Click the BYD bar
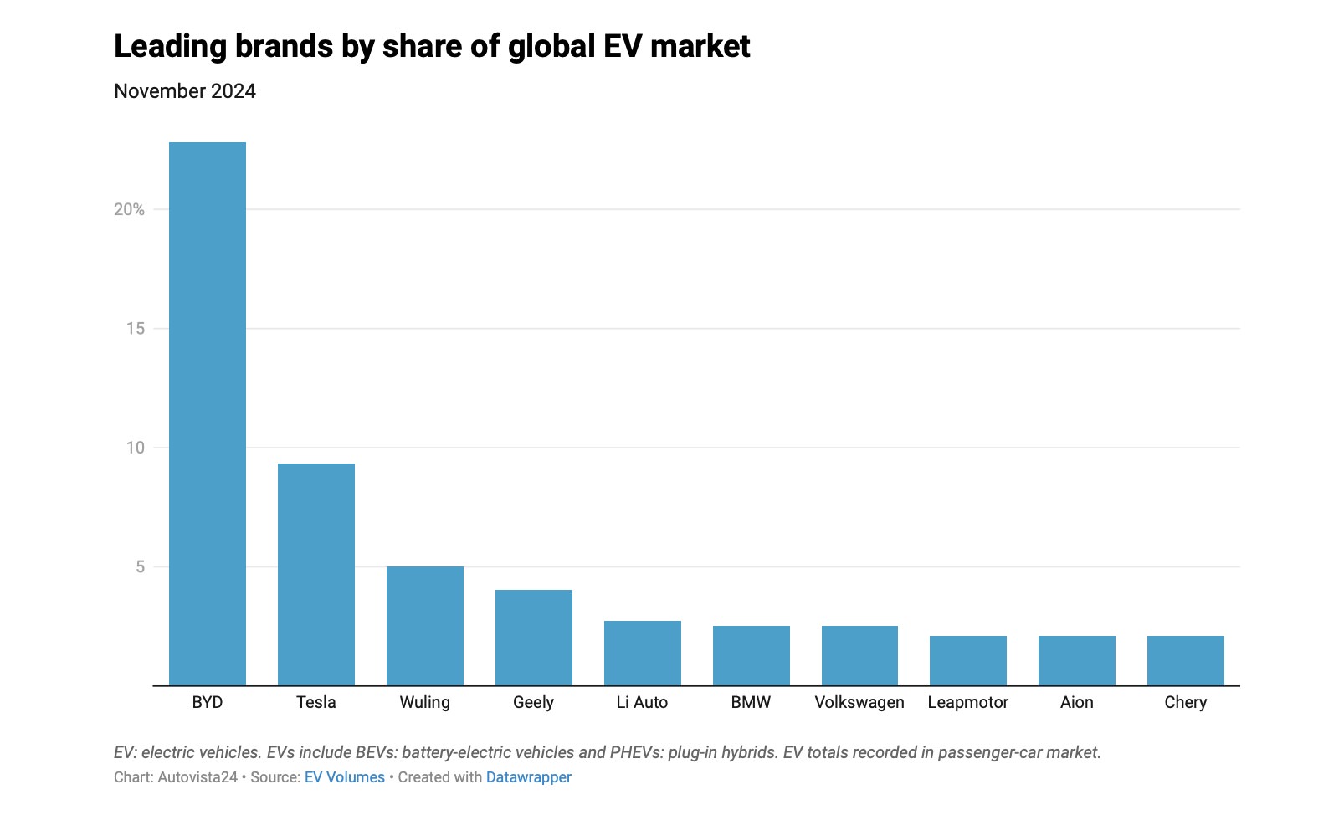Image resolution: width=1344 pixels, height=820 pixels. coord(208,414)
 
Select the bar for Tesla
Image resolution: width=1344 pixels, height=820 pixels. coord(316,575)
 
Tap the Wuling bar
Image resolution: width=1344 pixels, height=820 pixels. coord(425,626)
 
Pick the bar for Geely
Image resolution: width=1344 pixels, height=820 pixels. coord(534,638)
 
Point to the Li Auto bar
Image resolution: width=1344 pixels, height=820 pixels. coord(643,653)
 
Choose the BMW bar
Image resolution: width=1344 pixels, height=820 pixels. coord(752,656)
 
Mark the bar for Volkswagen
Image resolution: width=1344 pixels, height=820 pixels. coord(859,656)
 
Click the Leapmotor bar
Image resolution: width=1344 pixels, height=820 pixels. coord(968,661)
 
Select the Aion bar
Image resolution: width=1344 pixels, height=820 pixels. coord(1077,661)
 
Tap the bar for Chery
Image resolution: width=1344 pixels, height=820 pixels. coord(1186,661)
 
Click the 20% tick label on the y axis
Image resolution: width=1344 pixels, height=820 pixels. coord(129,209)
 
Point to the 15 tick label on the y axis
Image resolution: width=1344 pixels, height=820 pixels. coord(136,329)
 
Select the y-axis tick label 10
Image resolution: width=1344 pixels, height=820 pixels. coord(136,448)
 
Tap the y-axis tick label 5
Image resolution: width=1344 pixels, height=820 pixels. coord(141,567)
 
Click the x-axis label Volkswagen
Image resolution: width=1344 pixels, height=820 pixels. coord(859,702)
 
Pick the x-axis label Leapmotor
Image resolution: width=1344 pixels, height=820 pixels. coord(968,702)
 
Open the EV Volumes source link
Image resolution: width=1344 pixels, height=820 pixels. coord(345,777)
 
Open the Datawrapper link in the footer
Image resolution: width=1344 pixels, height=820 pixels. coord(529,777)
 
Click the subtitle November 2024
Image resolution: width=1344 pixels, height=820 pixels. coord(185,91)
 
